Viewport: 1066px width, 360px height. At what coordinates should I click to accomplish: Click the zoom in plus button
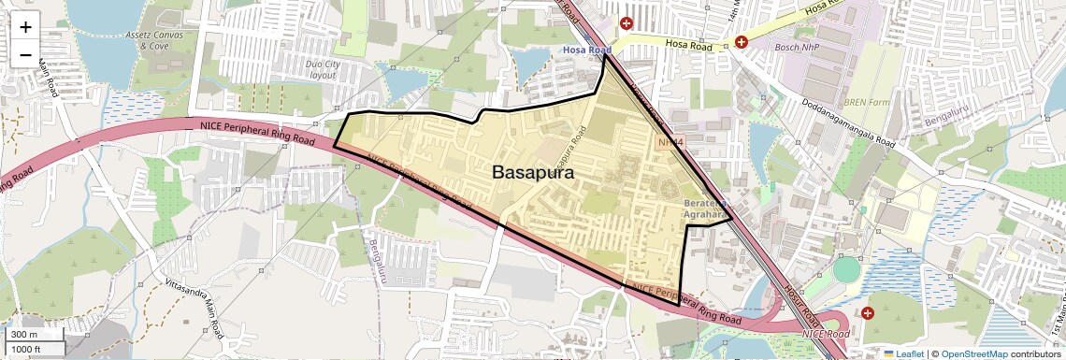[25, 27]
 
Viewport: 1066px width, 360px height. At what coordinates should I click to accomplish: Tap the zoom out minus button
[25, 55]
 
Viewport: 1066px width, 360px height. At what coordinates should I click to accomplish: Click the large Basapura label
[533, 173]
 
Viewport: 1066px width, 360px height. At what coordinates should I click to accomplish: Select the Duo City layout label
[322, 69]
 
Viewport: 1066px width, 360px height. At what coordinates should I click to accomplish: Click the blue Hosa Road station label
[586, 50]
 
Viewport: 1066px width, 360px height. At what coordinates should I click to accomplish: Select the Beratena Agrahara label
[705, 208]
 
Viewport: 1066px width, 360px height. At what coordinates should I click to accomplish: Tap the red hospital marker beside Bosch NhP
[742, 42]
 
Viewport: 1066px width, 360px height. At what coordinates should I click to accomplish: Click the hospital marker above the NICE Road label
[868, 312]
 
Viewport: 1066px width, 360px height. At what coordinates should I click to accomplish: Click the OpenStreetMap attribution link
[974, 353]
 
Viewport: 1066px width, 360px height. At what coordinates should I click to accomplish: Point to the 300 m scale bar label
[25, 335]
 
